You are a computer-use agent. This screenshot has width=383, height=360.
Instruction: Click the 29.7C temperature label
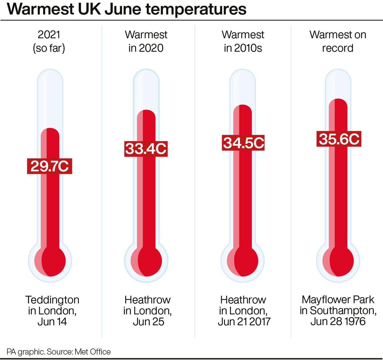[x=49, y=166]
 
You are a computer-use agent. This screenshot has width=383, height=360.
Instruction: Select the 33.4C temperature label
[x=146, y=149]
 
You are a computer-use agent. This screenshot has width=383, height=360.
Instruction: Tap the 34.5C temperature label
[x=243, y=143]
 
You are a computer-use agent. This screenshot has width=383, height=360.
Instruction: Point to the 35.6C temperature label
[x=339, y=139]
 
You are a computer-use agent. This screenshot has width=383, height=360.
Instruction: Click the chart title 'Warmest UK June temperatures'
[x=126, y=9]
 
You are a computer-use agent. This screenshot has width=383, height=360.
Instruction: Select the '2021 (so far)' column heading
[x=49, y=41]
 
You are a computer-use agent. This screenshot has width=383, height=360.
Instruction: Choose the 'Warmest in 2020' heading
[x=146, y=41]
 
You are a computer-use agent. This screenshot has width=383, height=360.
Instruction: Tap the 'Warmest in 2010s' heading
[x=243, y=41]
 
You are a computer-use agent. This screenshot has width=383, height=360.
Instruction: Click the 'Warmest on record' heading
[x=338, y=41]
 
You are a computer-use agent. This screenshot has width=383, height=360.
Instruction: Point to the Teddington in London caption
[x=52, y=305]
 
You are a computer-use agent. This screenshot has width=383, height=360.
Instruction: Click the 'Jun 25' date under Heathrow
[x=148, y=322]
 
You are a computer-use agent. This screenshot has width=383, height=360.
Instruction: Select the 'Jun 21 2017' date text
[x=244, y=322]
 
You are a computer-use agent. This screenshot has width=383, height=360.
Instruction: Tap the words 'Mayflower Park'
[x=338, y=299]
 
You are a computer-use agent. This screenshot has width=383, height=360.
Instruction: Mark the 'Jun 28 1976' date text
[x=338, y=321]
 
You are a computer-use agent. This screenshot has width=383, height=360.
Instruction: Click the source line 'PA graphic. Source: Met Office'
[x=59, y=352]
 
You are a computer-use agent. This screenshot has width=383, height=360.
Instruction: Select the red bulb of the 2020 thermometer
[x=146, y=261]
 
